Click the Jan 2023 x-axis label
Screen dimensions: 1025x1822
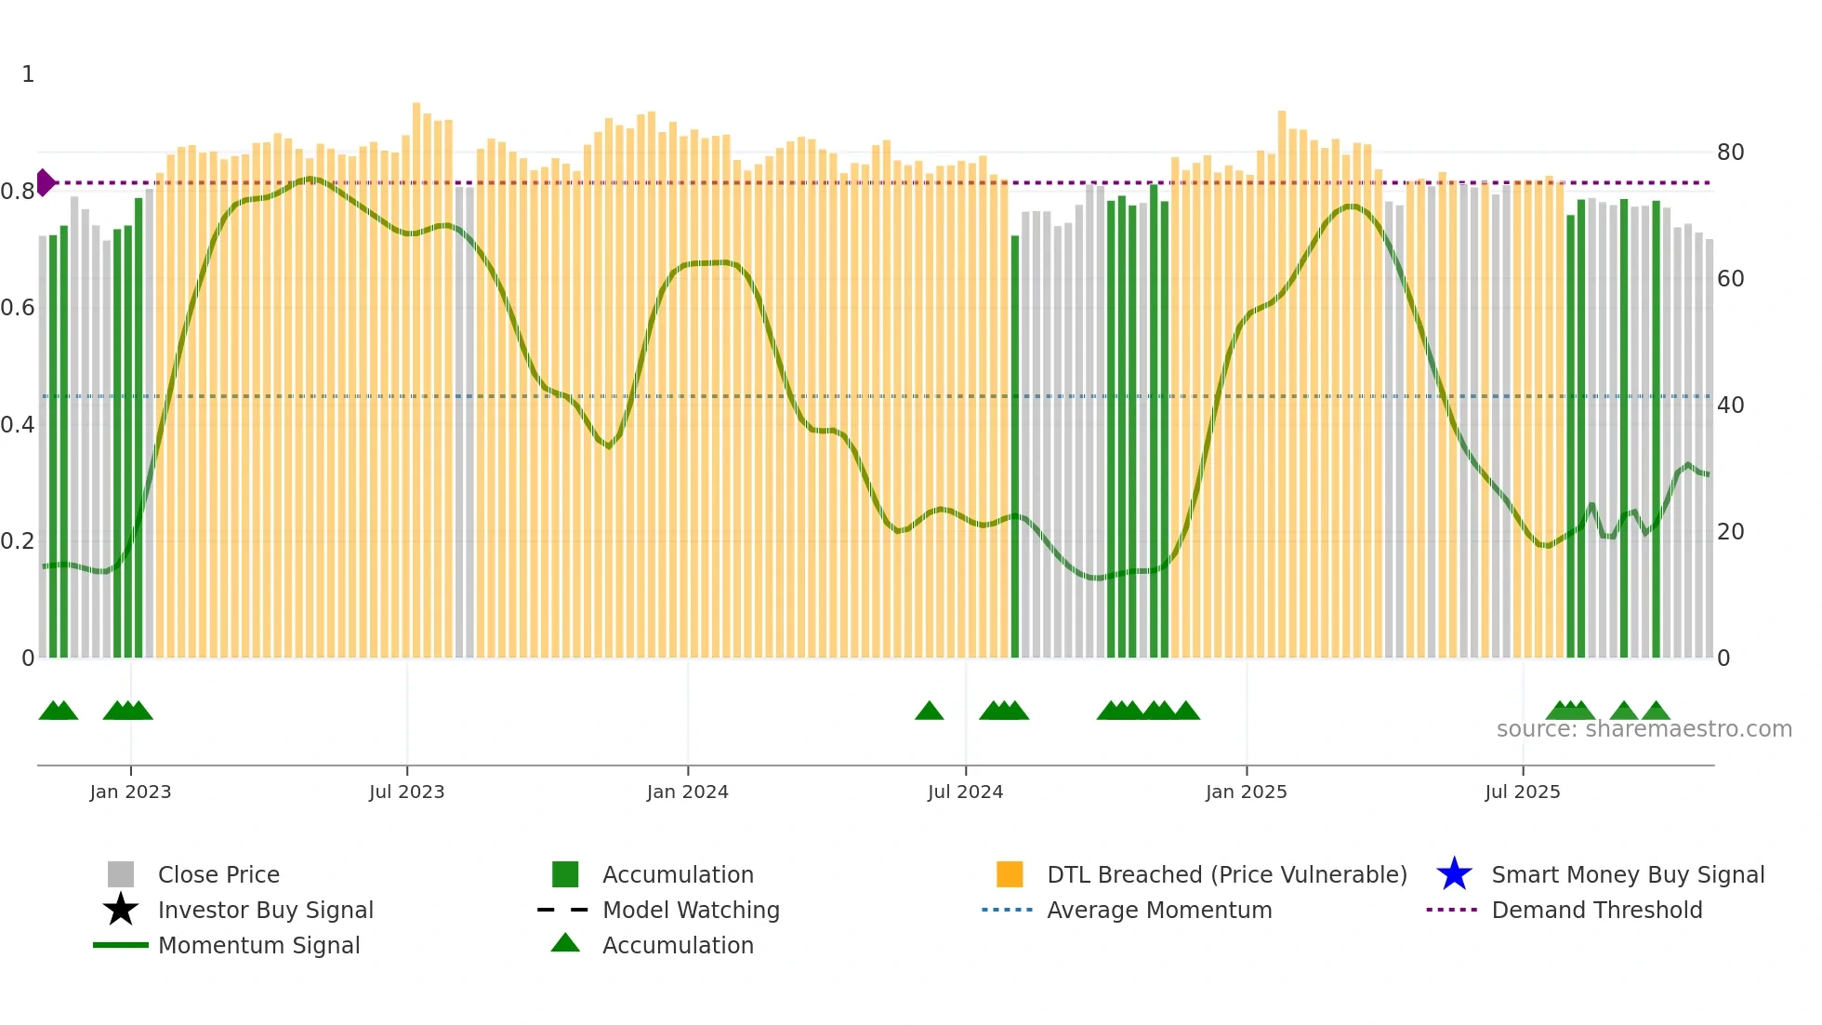coord(130,792)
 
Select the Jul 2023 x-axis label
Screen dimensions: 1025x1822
coord(406,792)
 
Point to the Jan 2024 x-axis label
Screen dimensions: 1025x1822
coord(687,792)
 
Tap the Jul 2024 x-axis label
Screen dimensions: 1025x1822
coord(965,792)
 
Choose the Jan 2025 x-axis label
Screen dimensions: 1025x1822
coord(1246,792)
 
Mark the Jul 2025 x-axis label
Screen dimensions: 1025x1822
coord(1522,792)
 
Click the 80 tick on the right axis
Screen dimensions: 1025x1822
coord(1730,152)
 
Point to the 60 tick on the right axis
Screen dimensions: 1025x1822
coord(1730,278)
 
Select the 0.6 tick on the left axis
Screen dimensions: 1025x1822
coord(18,308)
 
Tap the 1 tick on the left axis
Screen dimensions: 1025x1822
coord(28,74)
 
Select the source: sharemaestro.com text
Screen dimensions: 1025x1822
coord(1644,729)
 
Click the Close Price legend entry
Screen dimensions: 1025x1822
coord(218,874)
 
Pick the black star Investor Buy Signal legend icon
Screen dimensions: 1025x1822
coord(121,910)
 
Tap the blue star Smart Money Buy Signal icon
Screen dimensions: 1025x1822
coord(1454,874)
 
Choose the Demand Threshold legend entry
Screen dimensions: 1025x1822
coord(1596,910)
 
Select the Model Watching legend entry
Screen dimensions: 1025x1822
coord(691,910)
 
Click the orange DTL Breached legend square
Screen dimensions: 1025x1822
coord(1010,874)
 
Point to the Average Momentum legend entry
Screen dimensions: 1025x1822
coord(1159,910)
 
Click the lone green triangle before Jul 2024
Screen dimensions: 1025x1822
coord(929,712)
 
